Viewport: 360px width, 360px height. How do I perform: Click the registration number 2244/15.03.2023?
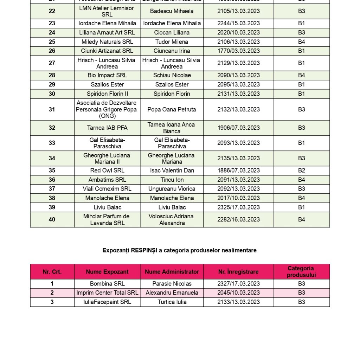point(238,23)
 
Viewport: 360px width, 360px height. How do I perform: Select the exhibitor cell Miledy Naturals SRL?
point(107,42)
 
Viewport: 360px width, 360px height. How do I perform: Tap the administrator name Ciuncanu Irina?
point(172,51)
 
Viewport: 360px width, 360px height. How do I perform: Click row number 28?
point(52,75)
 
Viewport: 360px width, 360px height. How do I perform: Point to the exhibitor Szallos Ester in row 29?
point(107,84)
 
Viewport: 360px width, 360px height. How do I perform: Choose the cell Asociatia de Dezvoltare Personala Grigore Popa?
point(107,109)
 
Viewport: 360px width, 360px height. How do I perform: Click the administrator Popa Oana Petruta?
point(172,109)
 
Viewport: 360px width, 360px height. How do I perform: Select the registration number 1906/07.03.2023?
point(238,128)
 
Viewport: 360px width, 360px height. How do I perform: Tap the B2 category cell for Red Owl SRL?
point(301,171)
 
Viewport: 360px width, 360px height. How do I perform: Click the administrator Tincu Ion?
point(172,180)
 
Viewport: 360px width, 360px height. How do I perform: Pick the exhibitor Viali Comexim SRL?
point(107,189)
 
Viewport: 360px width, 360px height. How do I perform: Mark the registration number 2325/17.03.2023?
point(238,207)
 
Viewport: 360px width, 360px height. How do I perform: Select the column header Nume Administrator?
point(172,272)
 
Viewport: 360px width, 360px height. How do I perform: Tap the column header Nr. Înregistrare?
point(238,272)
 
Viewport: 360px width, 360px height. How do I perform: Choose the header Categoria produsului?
point(301,272)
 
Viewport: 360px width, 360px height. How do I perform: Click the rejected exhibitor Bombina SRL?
point(107,284)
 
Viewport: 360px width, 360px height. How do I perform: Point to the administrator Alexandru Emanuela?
point(172,293)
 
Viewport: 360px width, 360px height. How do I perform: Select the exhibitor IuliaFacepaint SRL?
point(107,302)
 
